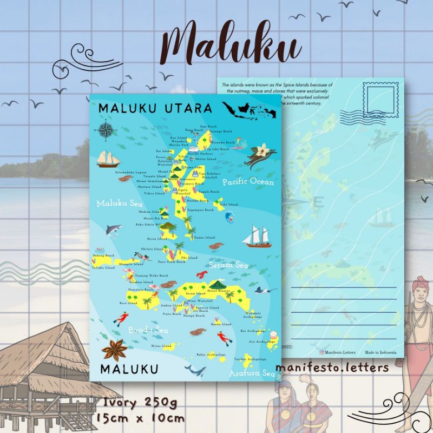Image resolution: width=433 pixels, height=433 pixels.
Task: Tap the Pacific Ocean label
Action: click(248, 182)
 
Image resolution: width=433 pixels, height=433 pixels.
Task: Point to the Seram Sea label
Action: click(229, 265)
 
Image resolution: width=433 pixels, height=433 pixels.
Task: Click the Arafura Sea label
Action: click(252, 373)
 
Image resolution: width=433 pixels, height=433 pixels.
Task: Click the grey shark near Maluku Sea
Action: click(114, 231)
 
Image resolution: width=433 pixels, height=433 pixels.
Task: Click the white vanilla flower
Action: click(263, 148)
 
